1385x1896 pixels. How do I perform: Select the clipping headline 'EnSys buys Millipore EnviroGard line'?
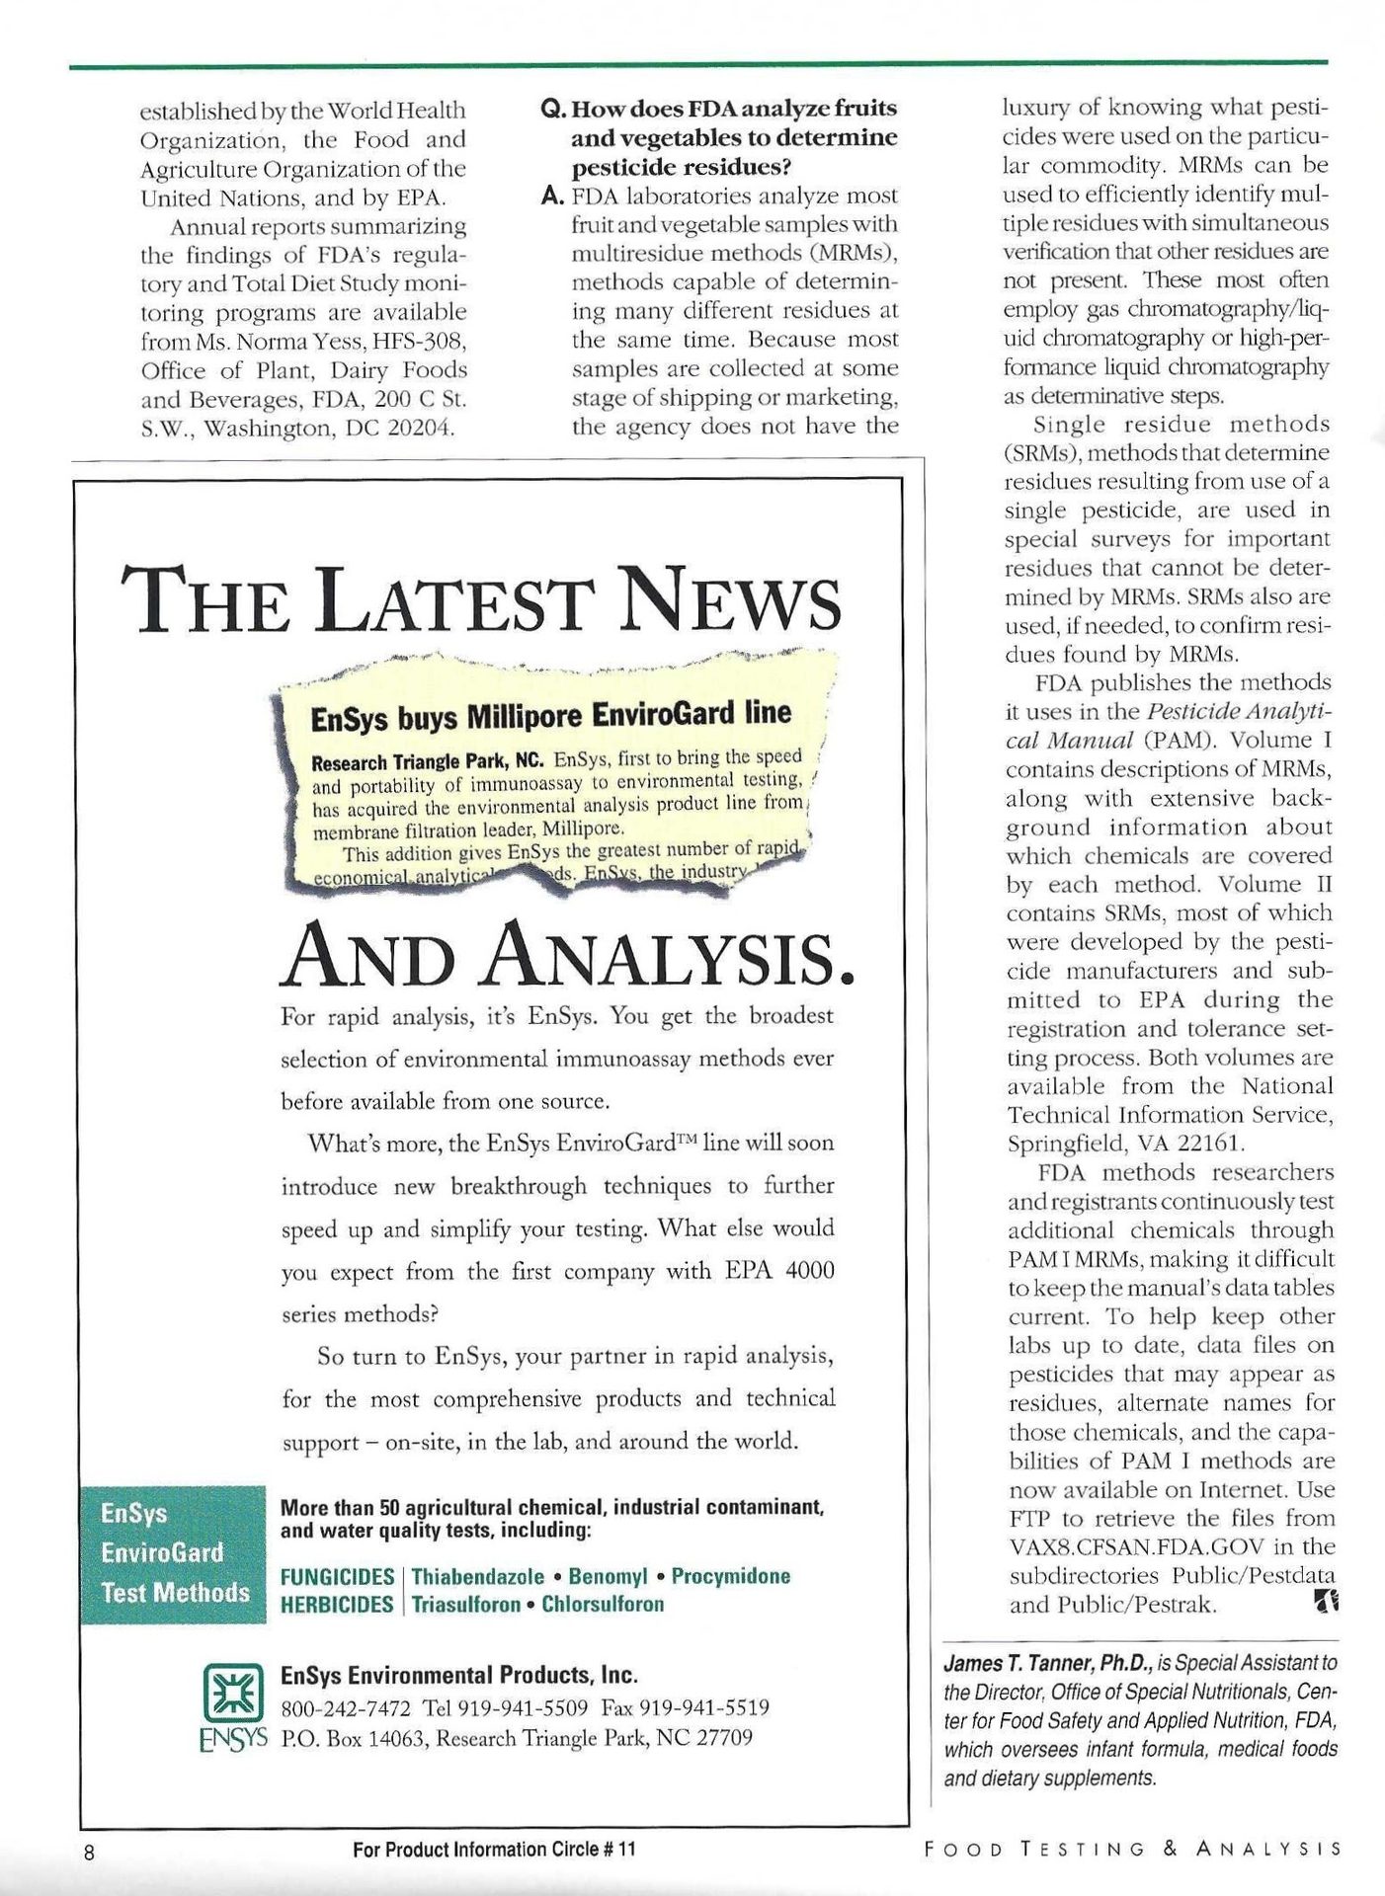coord(550,715)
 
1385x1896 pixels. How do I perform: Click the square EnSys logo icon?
coord(233,1692)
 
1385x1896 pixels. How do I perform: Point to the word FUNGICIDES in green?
coord(337,1576)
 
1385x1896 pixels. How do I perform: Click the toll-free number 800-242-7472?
coord(346,1707)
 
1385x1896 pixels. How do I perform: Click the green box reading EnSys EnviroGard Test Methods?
coord(175,1553)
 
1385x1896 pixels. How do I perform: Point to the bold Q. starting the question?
coord(553,108)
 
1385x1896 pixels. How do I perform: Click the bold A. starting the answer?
coord(553,196)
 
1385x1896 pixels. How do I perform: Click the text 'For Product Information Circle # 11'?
coord(494,1850)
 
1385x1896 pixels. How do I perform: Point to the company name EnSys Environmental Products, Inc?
coord(459,1676)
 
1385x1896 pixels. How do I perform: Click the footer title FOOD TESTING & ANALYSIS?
coord(1132,1850)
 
